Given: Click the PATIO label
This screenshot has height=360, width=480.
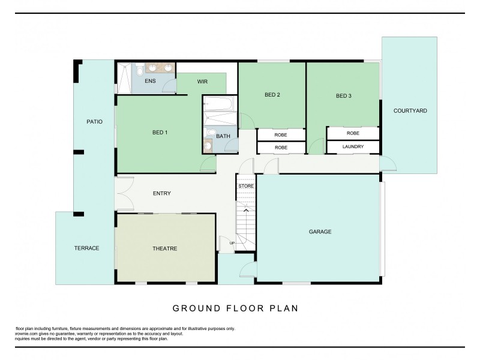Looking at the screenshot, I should (94, 121).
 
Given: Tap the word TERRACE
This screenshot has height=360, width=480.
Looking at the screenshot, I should (86, 248).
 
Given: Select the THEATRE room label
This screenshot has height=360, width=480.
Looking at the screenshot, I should (164, 248).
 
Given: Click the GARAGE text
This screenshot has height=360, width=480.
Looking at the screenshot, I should (320, 232).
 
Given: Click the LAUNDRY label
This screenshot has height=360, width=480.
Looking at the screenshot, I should (353, 146).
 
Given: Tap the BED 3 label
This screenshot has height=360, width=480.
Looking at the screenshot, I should (343, 96).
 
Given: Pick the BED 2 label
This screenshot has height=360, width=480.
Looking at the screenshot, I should (272, 94).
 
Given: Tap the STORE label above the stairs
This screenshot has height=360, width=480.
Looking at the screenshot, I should (246, 186).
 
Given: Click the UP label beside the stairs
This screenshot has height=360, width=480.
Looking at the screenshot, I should (232, 242).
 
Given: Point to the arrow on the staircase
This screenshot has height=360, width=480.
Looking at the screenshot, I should (246, 211).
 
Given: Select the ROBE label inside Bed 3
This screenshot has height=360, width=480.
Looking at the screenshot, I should (353, 133).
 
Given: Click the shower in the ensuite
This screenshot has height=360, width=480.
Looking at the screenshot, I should (123, 78).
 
